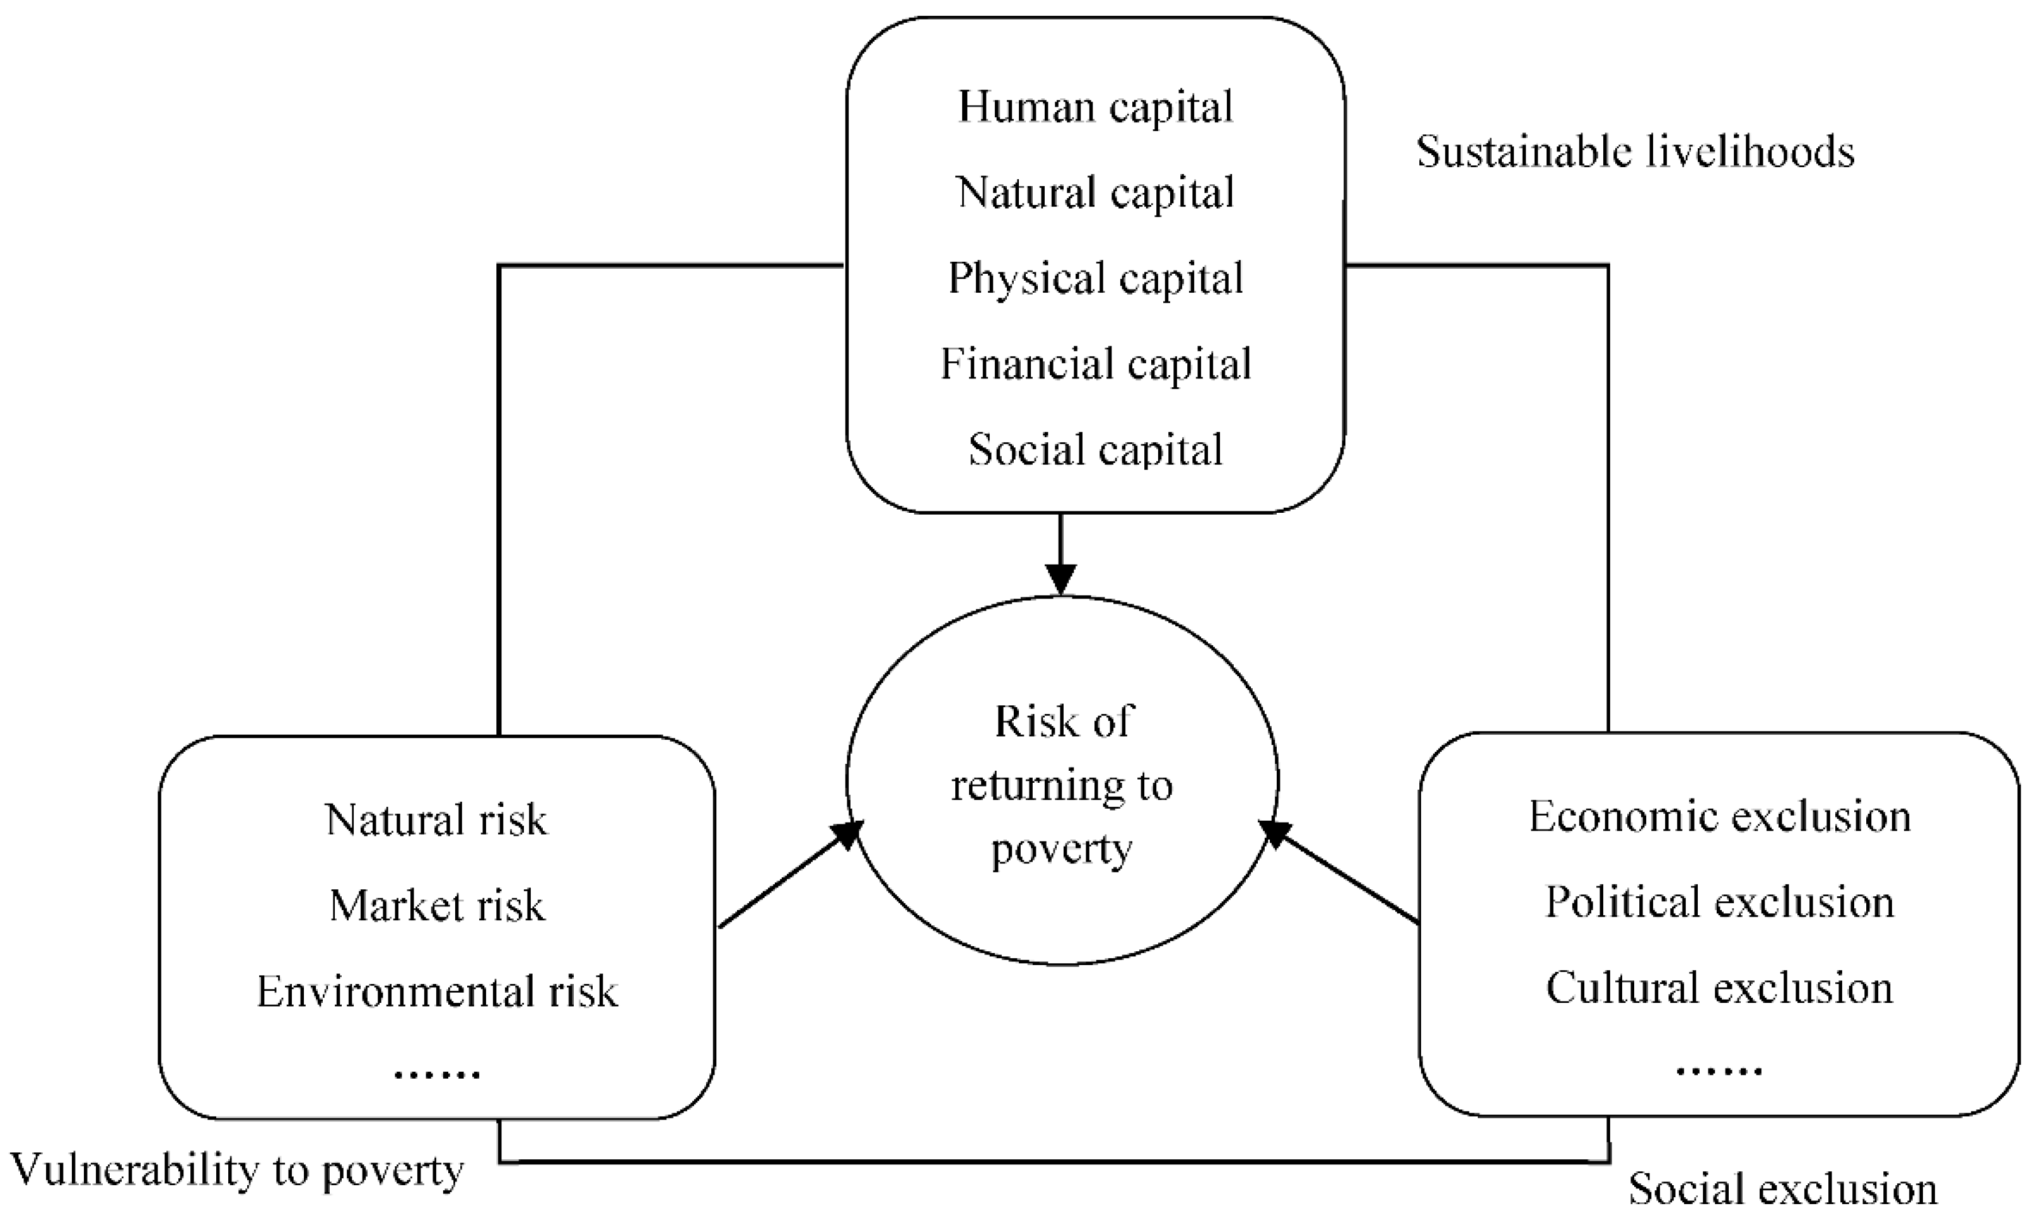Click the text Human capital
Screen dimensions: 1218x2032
1095,107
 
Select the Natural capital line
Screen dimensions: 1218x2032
1095,193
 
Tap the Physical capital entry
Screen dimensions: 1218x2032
1095,279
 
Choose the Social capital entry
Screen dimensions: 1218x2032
1095,450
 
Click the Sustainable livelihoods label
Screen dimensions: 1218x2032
1635,152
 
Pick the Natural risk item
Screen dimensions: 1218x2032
436,820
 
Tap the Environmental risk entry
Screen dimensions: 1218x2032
436,992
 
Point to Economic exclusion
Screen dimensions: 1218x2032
1719,817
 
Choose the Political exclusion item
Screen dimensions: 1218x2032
1719,902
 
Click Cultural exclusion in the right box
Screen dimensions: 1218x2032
1719,987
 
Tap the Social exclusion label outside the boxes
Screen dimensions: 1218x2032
1782,1188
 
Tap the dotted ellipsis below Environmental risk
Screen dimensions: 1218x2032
436,1074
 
